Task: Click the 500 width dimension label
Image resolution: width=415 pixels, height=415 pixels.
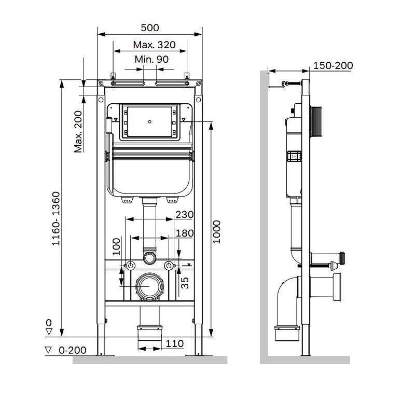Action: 150,27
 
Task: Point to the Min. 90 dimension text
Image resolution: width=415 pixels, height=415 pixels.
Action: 151,60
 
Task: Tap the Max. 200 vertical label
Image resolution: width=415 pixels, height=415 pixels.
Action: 78,132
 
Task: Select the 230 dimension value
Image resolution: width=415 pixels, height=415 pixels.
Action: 184,214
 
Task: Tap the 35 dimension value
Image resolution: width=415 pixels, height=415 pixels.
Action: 184,282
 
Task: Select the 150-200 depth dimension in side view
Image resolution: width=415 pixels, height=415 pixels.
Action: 333,65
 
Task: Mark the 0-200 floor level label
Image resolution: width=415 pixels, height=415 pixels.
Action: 72,350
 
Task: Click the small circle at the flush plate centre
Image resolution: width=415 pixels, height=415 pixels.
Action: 149,122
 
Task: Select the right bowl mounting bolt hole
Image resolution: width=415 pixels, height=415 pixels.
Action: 169,266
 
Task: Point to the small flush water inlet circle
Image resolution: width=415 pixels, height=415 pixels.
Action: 149,257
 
